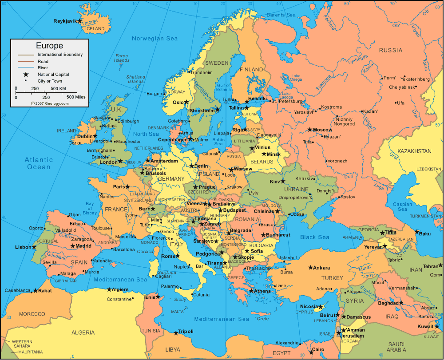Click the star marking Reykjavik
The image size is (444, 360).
[79, 21]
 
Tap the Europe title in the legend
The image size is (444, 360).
[49, 46]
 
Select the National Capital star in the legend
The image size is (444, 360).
[26, 75]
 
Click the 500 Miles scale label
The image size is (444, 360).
[76, 97]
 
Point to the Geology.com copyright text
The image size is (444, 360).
[50, 103]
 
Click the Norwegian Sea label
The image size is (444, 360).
[155, 39]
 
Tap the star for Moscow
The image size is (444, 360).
[310, 130]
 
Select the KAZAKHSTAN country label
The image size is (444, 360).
[414, 151]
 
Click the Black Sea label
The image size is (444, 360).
[315, 237]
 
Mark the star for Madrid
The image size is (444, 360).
[73, 246]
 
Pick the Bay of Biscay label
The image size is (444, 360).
[89, 208]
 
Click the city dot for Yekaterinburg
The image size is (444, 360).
[404, 76]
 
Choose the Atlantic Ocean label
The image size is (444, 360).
[39, 163]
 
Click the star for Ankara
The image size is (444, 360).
[310, 268]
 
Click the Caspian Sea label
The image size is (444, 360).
[402, 207]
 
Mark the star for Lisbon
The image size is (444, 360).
[34, 247]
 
